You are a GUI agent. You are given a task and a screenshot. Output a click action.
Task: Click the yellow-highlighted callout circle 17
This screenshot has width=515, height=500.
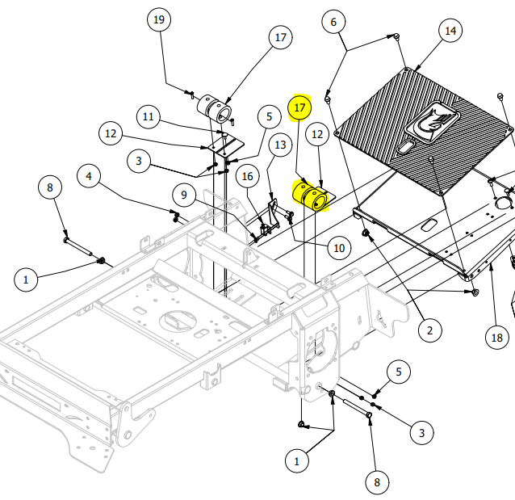(x=299, y=107)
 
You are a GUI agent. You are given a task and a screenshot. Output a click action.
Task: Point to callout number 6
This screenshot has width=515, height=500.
(x=333, y=22)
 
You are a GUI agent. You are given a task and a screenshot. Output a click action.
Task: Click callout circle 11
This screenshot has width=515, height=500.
(x=149, y=116)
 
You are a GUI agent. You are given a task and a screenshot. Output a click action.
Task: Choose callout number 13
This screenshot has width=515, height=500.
(x=280, y=145)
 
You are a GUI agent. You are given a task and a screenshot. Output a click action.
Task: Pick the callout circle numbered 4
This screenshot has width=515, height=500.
(x=90, y=175)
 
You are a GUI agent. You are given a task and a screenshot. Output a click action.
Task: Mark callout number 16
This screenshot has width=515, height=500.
(x=247, y=176)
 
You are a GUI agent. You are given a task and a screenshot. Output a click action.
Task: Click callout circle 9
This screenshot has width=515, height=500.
(x=184, y=195)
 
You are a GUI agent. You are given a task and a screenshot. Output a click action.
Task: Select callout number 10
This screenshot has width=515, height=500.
(x=338, y=246)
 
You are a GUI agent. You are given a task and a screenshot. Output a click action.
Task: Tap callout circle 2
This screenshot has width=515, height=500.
(x=429, y=330)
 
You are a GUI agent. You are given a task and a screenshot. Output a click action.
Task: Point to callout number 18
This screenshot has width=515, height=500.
(x=498, y=337)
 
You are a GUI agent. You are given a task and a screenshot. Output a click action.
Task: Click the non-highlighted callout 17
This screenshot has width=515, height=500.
(x=280, y=38)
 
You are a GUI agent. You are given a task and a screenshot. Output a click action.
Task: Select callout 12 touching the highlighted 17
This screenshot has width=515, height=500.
(x=317, y=135)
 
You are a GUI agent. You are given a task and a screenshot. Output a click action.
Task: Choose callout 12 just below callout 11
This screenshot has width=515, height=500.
(x=111, y=133)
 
